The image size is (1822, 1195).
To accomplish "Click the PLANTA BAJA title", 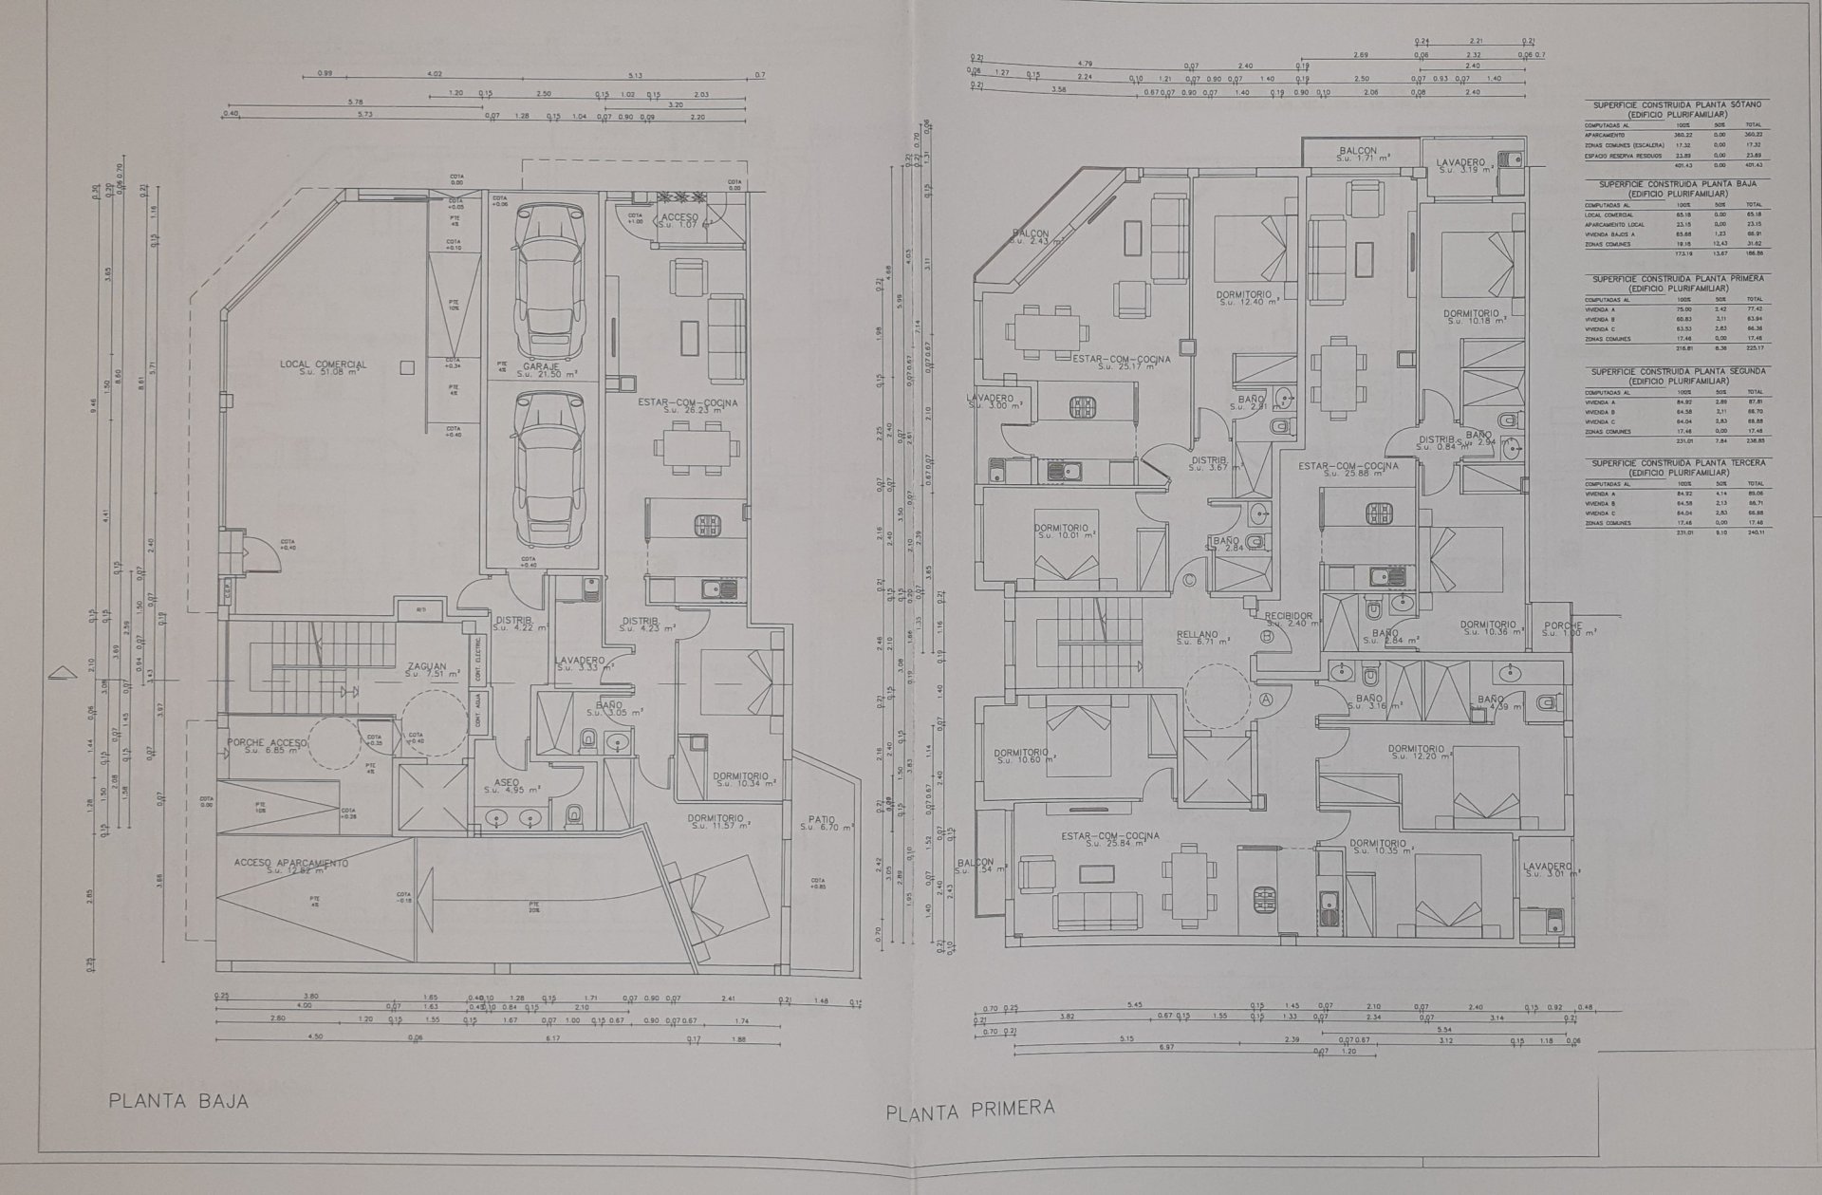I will click(x=178, y=1102).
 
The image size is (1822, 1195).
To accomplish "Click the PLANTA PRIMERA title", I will click(x=970, y=1110).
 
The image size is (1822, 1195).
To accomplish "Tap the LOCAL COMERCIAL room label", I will click(x=323, y=364).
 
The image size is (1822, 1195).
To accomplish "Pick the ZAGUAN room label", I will click(x=427, y=667).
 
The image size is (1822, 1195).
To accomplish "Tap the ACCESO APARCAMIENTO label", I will click(x=291, y=864).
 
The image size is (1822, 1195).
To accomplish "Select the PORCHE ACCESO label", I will click(x=267, y=742).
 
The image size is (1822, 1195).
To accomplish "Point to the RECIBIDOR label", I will click(x=1288, y=616).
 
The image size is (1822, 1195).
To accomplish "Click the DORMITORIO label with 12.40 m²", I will click(x=1246, y=295).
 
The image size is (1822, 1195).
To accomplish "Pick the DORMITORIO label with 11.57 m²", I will click(x=716, y=818).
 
